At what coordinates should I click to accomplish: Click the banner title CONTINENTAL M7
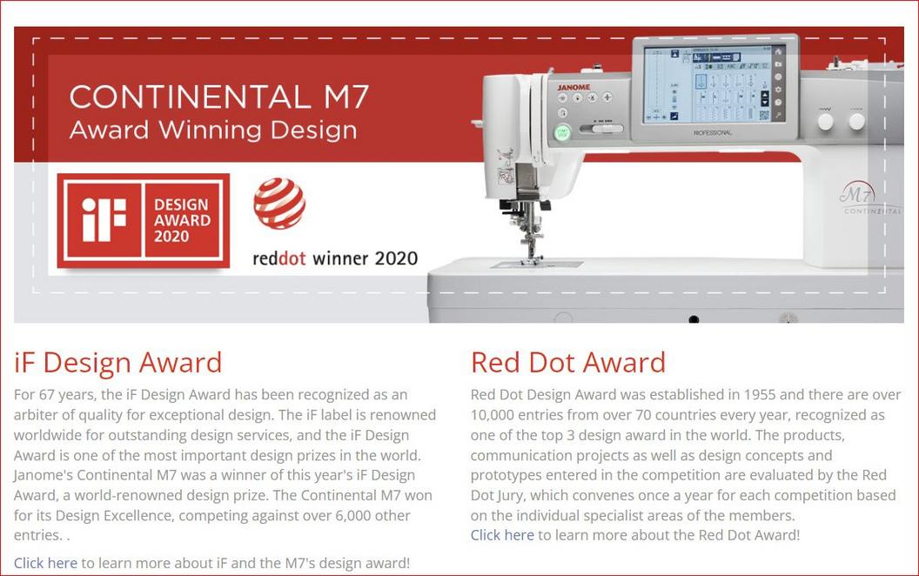[x=219, y=97]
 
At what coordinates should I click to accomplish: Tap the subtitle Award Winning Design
[x=213, y=131]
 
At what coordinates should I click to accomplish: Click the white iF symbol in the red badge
[x=104, y=220]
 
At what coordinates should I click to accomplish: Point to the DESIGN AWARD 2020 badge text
[x=182, y=220]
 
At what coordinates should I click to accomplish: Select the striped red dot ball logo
[x=279, y=204]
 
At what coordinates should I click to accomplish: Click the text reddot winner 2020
[x=335, y=258]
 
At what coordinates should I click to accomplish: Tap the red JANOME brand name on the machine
[x=574, y=87]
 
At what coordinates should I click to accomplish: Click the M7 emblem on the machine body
[x=857, y=193]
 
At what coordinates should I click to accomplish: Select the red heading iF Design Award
[x=117, y=362]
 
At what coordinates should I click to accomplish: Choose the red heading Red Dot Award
[x=568, y=362]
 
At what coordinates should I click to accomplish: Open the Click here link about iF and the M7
[x=46, y=563]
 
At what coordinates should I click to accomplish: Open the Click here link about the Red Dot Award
[x=502, y=535]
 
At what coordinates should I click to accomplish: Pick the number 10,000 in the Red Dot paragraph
[x=492, y=415]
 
